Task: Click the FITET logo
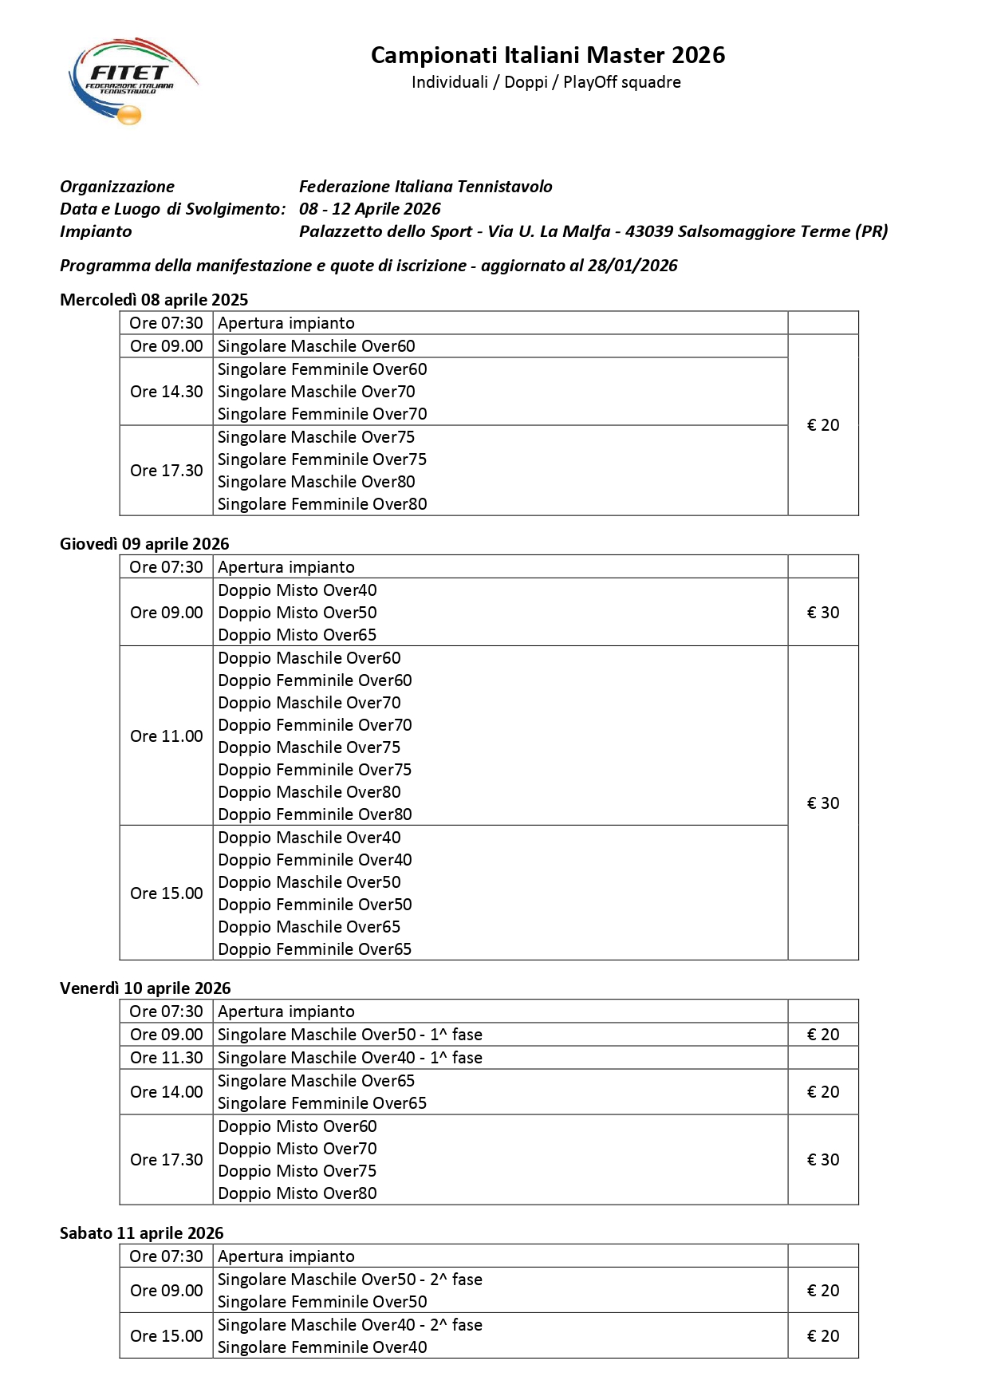132,81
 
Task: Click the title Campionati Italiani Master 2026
547,55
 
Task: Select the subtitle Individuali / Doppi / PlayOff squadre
546,82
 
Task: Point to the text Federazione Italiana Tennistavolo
425,187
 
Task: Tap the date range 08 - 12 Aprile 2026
369,209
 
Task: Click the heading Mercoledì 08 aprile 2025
154,300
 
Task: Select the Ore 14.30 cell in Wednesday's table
166,392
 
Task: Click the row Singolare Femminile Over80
322,504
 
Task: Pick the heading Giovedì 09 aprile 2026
144,544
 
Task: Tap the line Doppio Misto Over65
297,635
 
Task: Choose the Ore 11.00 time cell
166,736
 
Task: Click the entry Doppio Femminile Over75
314,770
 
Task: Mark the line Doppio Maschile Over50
309,882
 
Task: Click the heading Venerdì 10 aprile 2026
145,988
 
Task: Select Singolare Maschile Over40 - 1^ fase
349,1058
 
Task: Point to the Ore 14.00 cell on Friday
166,1092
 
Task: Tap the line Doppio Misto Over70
297,1149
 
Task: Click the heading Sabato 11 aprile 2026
141,1233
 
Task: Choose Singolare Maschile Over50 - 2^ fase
349,1280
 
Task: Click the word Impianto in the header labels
96,231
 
